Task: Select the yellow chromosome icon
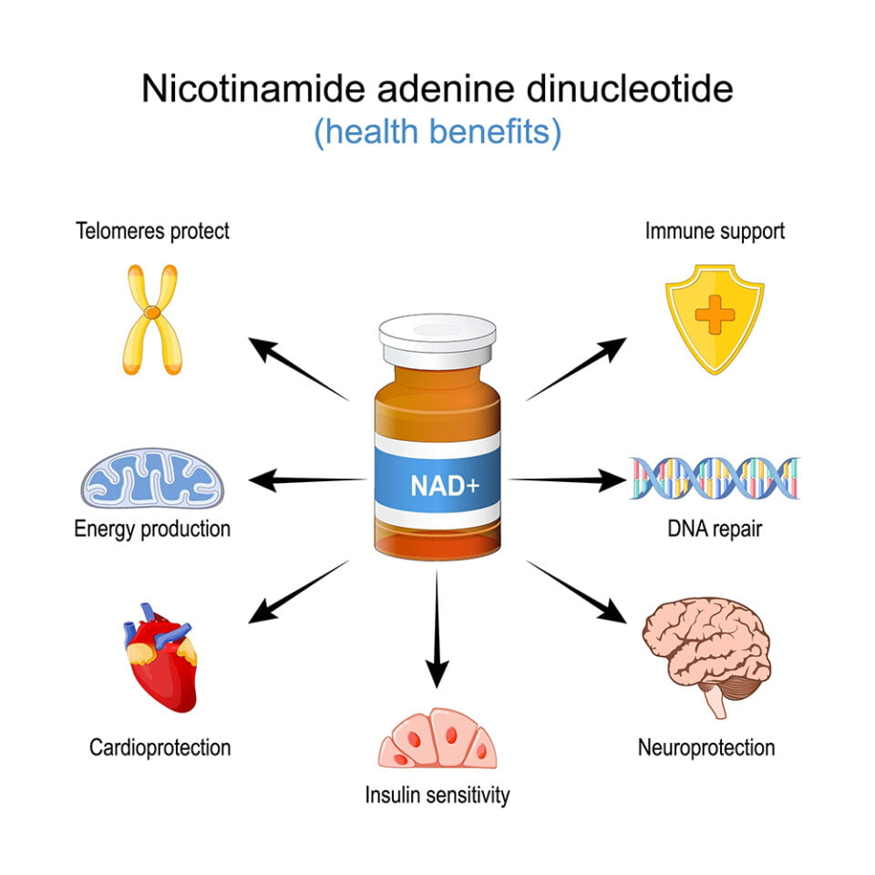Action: tap(154, 318)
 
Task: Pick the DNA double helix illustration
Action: tap(715, 479)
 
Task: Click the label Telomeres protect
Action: tap(152, 231)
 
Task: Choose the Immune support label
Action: tap(715, 231)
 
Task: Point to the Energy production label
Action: tap(152, 529)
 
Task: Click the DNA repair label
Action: tap(715, 529)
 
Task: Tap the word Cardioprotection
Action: tap(160, 748)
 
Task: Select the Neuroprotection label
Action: tap(706, 748)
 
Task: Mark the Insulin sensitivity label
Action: tap(437, 795)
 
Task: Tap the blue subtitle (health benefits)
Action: tap(437, 133)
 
